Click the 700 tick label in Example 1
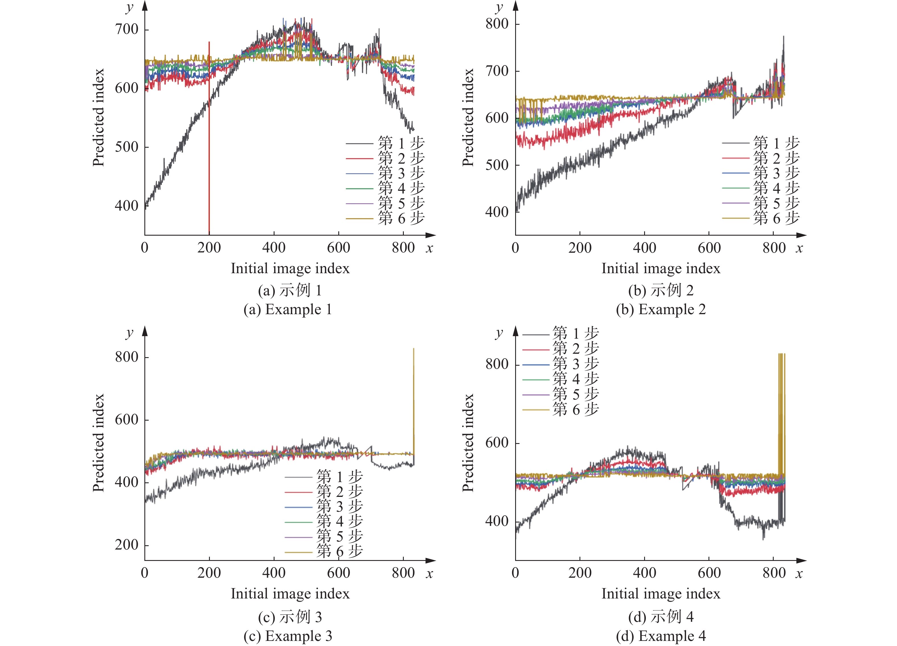coord(126,29)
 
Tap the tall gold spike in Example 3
coord(414,395)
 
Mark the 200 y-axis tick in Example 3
coord(126,545)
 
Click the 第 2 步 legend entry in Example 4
coord(576,349)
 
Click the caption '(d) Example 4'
coord(660,636)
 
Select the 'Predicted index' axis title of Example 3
coord(98,443)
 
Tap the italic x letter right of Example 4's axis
coord(799,574)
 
